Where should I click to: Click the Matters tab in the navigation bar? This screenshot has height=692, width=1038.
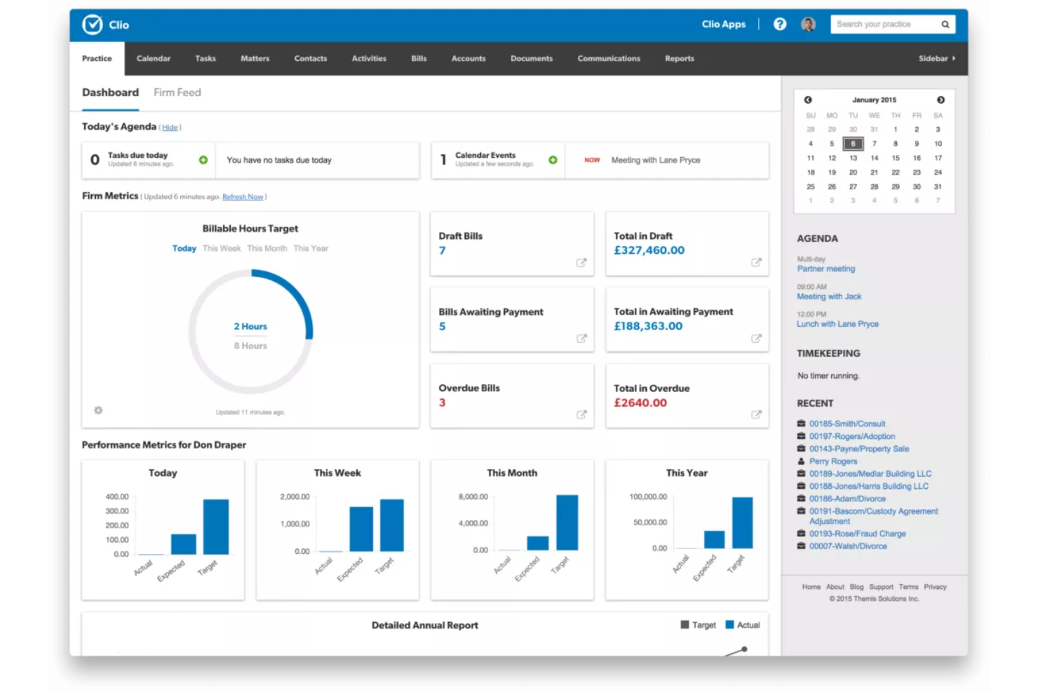click(255, 59)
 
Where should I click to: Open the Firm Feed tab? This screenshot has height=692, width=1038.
click(177, 93)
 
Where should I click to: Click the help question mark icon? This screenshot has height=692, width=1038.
click(779, 25)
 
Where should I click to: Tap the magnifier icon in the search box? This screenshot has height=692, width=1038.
click(945, 25)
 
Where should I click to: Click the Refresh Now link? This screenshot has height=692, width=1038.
click(243, 197)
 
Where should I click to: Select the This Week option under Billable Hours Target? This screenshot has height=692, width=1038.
click(222, 249)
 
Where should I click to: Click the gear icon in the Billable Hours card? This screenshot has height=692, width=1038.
click(98, 410)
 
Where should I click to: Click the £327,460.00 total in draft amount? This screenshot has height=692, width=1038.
click(649, 250)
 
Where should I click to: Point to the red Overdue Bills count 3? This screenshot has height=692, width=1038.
click(442, 402)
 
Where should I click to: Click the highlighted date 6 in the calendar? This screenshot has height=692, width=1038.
click(853, 144)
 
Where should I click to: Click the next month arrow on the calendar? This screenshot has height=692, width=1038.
click(941, 100)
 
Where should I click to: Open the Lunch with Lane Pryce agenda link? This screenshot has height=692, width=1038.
click(837, 324)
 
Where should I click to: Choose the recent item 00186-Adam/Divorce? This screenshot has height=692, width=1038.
click(847, 498)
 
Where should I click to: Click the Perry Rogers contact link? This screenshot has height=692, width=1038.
click(833, 461)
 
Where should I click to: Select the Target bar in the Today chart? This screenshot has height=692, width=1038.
click(216, 527)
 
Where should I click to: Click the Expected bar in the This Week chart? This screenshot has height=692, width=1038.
click(361, 529)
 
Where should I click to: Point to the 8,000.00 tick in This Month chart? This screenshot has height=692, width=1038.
click(473, 496)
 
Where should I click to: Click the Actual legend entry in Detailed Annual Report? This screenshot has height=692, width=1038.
click(743, 625)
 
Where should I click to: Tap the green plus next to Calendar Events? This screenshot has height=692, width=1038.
click(553, 160)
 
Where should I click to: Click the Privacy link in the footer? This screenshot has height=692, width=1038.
click(935, 587)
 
